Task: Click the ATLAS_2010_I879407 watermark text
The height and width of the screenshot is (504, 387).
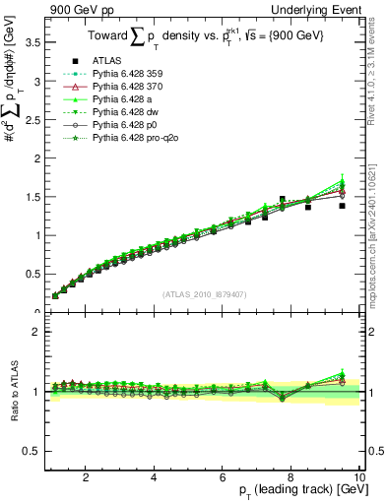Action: pos(204,294)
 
